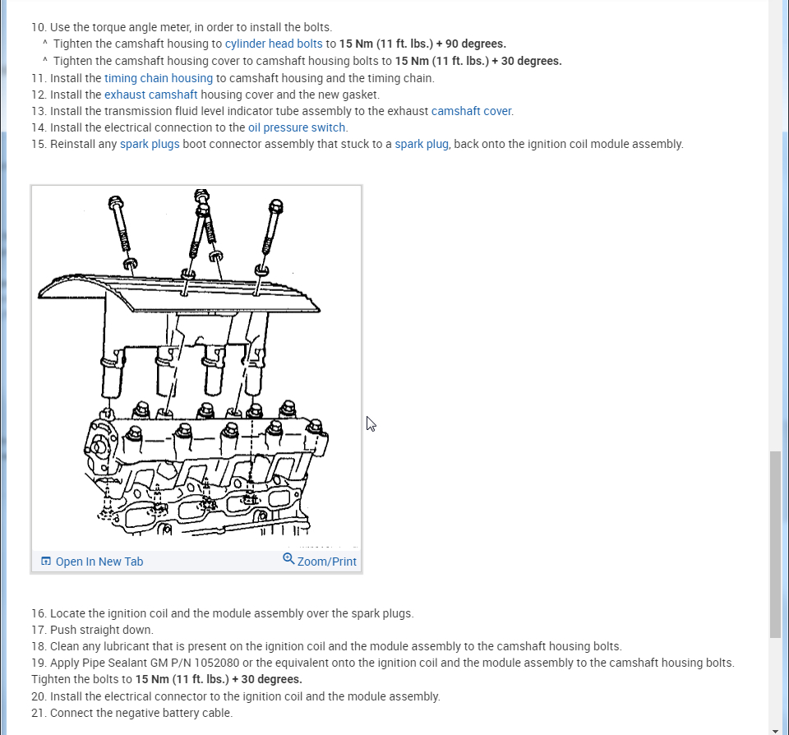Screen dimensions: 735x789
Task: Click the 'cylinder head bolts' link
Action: (274, 44)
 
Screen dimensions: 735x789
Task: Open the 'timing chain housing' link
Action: (159, 78)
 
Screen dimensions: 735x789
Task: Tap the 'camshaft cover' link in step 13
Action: (472, 111)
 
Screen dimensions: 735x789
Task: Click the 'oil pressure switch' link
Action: (298, 127)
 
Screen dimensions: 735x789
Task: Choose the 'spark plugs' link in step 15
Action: (150, 144)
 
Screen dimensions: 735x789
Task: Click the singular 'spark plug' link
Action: (422, 144)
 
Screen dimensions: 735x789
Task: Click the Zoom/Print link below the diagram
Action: (326, 562)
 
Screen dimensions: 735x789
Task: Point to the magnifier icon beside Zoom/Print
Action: (288, 559)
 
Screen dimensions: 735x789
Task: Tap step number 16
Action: (39, 613)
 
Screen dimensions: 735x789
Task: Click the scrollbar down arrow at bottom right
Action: (775, 729)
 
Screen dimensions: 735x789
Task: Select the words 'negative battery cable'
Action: (170, 713)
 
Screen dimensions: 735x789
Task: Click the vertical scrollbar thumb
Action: (775, 543)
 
